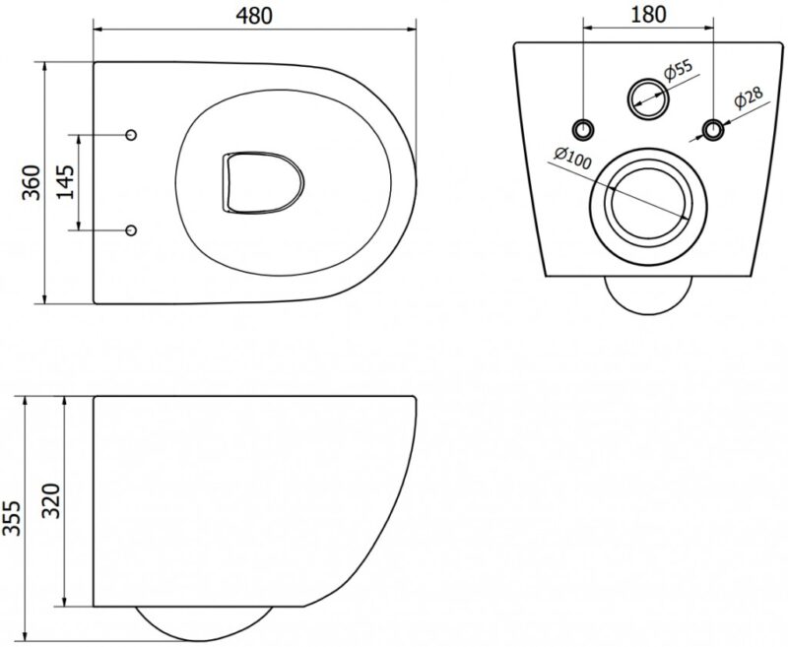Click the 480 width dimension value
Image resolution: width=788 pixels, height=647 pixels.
click(254, 16)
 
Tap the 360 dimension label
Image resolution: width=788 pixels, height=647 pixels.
click(32, 182)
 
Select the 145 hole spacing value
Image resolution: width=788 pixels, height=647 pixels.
click(65, 182)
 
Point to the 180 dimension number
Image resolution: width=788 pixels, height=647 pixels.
click(648, 15)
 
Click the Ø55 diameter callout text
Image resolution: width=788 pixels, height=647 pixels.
click(678, 71)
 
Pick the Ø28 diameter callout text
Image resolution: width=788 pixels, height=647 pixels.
click(749, 97)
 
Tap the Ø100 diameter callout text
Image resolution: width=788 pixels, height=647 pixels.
click(573, 159)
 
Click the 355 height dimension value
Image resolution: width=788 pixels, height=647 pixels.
click(12, 518)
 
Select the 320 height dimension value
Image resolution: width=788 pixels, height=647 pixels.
click(51, 501)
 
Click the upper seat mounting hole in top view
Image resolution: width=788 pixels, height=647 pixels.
click(131, 135)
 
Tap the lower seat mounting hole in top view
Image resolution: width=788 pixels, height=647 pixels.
click(131, 230)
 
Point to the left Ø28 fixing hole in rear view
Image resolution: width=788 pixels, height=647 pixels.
click(583, 129)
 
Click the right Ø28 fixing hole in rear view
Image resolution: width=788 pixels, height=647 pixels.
click(712, 129)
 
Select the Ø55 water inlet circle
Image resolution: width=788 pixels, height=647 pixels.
click(648, 98)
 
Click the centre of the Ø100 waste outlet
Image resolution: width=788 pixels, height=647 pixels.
click(648, 206)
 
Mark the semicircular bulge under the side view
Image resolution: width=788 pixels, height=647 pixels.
click(204, 623)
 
